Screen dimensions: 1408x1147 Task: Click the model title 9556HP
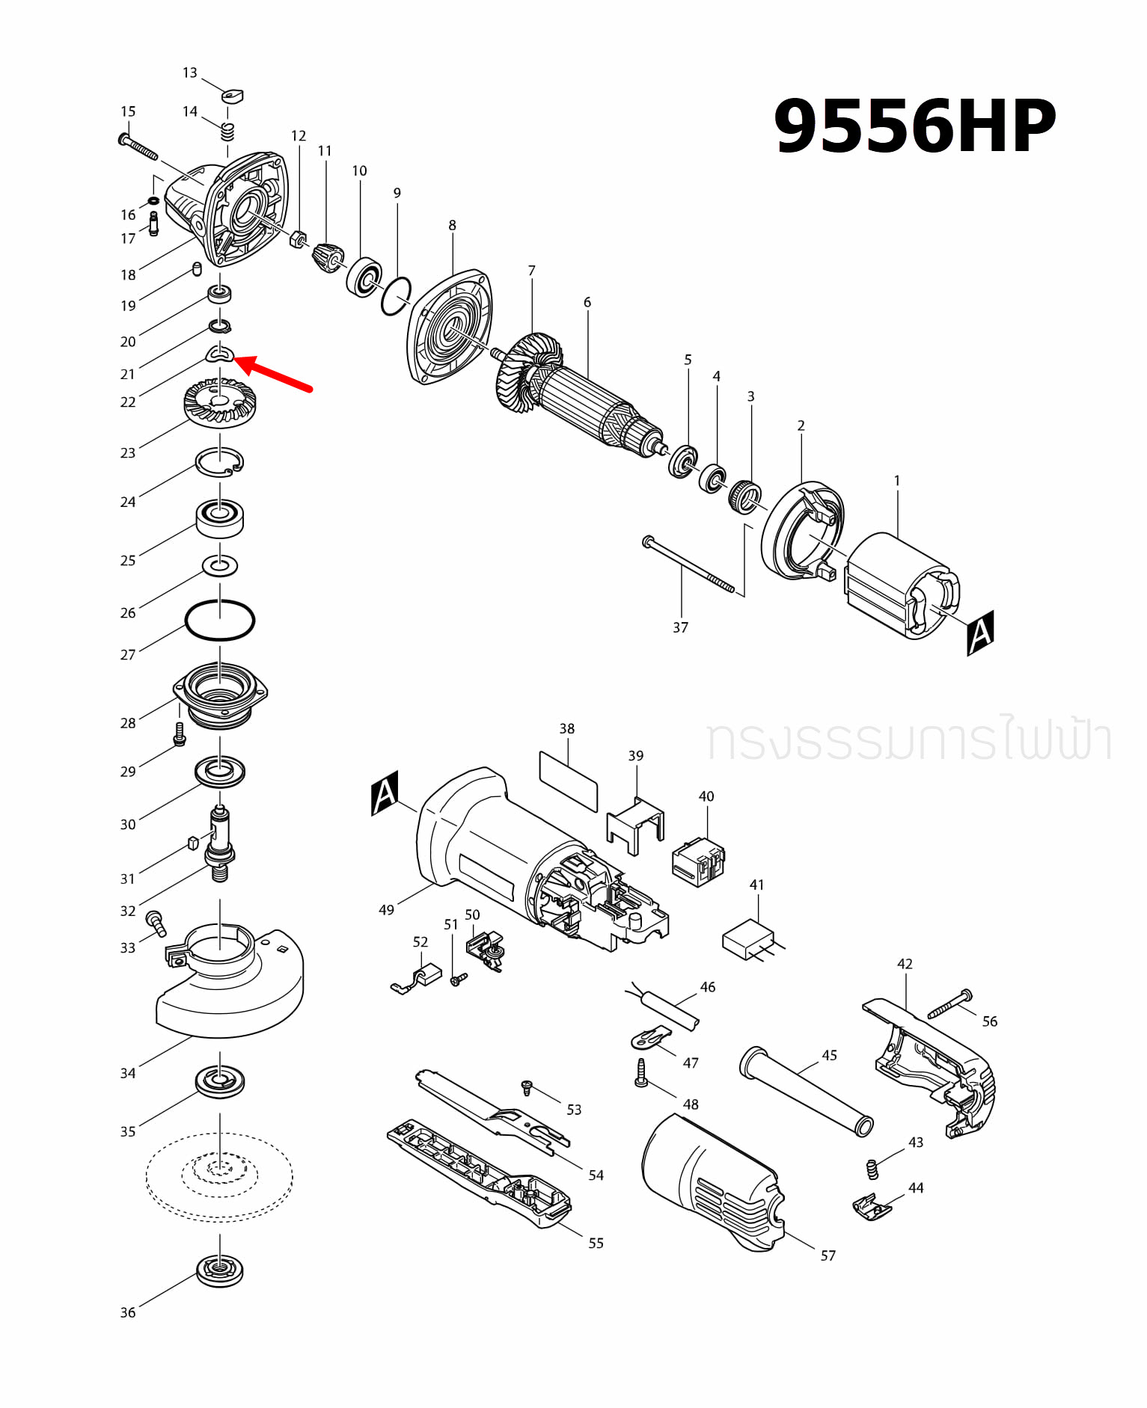914,126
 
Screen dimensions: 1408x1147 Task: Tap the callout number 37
679,627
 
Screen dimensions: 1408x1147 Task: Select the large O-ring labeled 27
219,620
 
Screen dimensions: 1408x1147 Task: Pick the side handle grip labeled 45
807,1091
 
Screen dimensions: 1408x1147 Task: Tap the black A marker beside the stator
979,633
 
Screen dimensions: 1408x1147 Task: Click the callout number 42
905,964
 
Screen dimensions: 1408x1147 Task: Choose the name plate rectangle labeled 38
568,781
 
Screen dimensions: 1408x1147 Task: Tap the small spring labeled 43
871,1169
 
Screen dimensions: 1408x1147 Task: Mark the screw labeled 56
949,1004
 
